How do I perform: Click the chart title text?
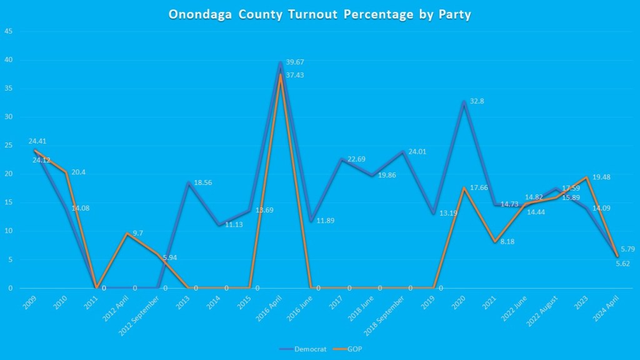pyautogui.click(x=319, y=14)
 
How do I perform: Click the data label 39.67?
pyautogui.click(x=295, y=62)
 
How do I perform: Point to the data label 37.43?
pyautogui.click(x=295, y=75)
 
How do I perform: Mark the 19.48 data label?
pyautogui.click(x=601, y=177)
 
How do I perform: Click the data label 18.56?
pyautogui.click(x=203, y=182)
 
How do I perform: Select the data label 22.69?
pyautogui.click(x=356, y=159)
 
